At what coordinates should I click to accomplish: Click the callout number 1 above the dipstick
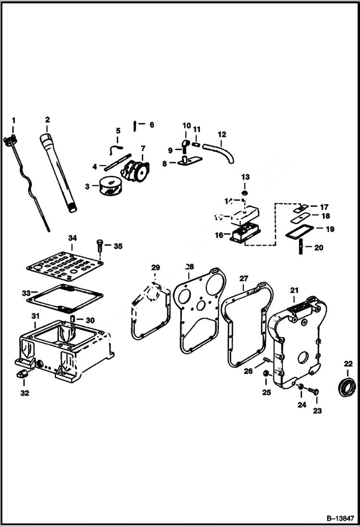click(13, 119)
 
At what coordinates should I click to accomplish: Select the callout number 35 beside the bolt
click(117, 246)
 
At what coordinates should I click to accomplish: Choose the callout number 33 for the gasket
click(26, 293)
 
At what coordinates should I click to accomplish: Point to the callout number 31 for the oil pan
click(35, 315)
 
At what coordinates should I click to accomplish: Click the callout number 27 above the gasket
click(244, 278)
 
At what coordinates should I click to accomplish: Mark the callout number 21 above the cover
click(294, 291)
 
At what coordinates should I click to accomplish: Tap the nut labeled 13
click(245, 193)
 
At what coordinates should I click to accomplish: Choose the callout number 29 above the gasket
click(155, 267)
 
